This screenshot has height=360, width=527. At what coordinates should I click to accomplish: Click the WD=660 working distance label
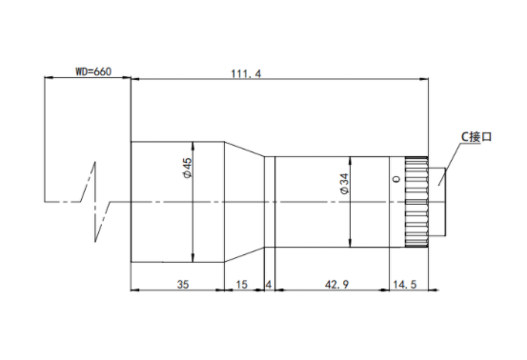click(93, 71)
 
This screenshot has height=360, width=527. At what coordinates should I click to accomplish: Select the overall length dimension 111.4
click(246, 73)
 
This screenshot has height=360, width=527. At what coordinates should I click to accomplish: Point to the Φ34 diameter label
click(344, 184)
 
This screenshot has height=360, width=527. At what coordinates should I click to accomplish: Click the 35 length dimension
click(183, 285)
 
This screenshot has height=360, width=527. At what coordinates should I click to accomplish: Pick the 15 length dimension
click(241, 285)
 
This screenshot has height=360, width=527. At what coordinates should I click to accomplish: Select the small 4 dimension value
click(269, 285)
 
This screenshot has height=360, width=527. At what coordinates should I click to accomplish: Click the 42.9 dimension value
click(336, 285)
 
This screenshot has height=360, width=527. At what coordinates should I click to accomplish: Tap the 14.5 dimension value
click(405, 285)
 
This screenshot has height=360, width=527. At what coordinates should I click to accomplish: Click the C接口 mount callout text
click(476, 137)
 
